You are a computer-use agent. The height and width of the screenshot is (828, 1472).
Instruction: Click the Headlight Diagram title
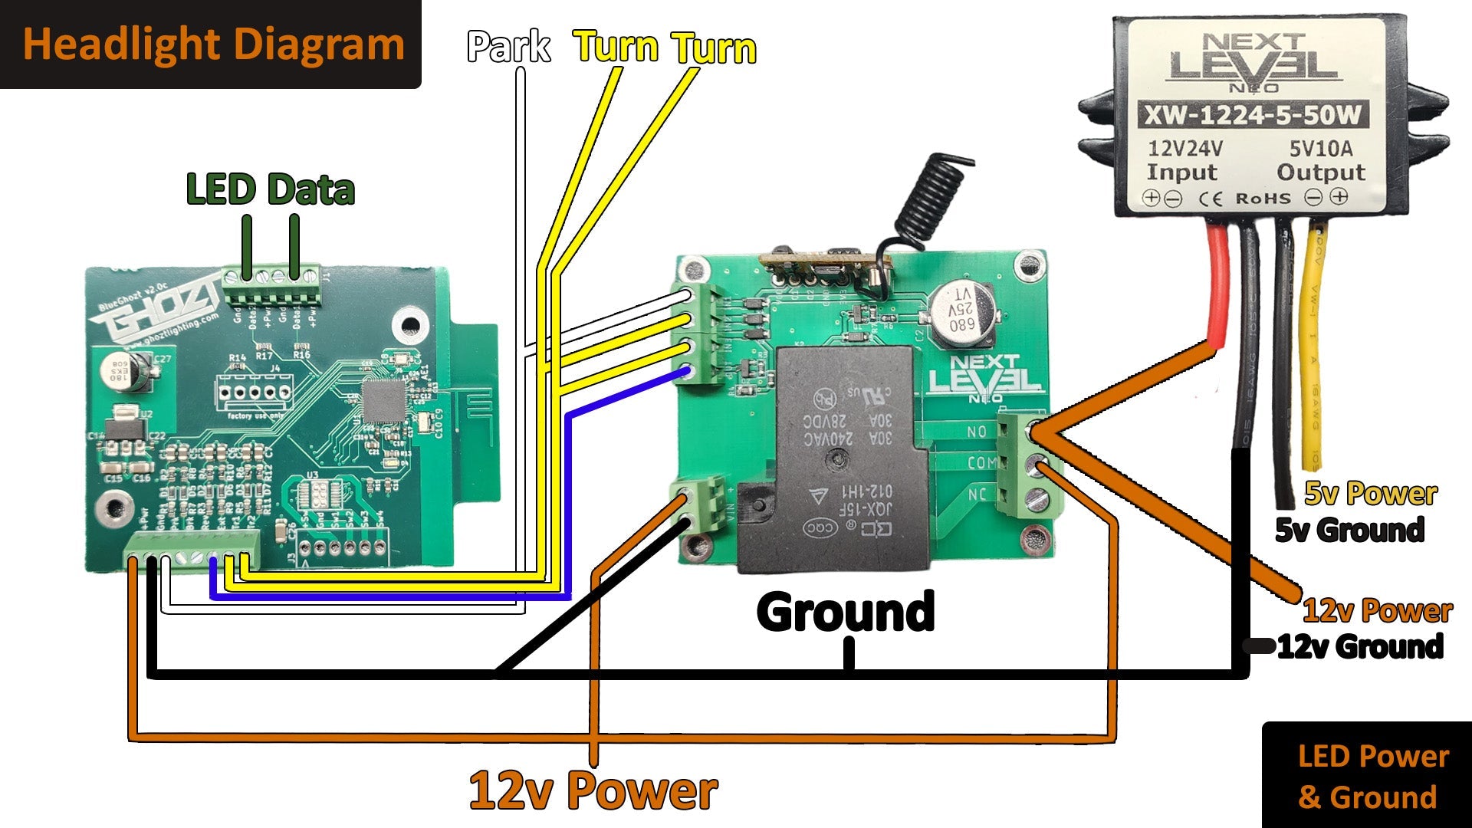coord(213,44)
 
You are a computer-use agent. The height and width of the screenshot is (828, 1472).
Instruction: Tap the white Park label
coord(508,48)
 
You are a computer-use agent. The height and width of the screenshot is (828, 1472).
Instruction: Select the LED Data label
coord(271,190)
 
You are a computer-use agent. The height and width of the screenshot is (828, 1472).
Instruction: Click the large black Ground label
coord(845,612)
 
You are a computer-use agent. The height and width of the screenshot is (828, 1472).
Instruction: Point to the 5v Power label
coord(1371,494)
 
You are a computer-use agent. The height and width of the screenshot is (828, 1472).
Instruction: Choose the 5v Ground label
coord(1349,530)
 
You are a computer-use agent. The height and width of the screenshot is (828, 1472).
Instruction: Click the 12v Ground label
coord(1360,647)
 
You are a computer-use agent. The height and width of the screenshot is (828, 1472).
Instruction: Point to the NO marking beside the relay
coord(977,432)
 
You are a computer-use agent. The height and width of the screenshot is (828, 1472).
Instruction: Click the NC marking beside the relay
coord(977,495)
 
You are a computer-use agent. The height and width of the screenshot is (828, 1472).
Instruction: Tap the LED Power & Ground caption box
coord(1367,776)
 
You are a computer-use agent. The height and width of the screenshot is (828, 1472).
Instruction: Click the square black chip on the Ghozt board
coord(383,401)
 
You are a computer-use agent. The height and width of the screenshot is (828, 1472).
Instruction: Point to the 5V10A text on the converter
coord(1320,148)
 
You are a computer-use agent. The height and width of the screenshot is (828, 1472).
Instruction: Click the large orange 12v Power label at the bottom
coord(593,791)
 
